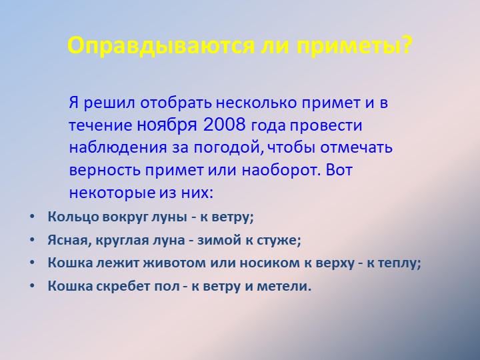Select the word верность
(101, 169)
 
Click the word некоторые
(106, 193)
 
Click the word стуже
(283, 240)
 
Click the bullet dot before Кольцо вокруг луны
(33, 217)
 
